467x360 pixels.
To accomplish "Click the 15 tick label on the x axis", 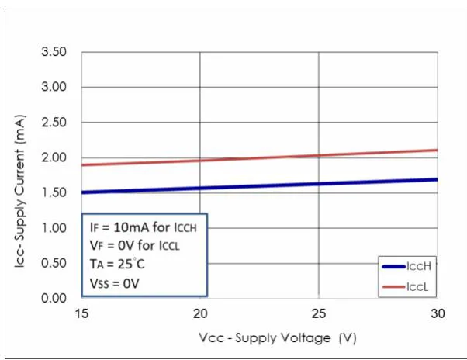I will click(x=82, y=313).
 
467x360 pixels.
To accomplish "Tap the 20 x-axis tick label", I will click(x=200, y=313).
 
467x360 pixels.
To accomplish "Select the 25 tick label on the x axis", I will click(x=319, y=313).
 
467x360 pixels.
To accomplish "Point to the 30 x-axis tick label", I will click(x=437, y=313).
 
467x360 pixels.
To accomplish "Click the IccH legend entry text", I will click(x=418, y=266).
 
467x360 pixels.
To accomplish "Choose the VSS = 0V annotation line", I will click(x=114, y=282).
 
